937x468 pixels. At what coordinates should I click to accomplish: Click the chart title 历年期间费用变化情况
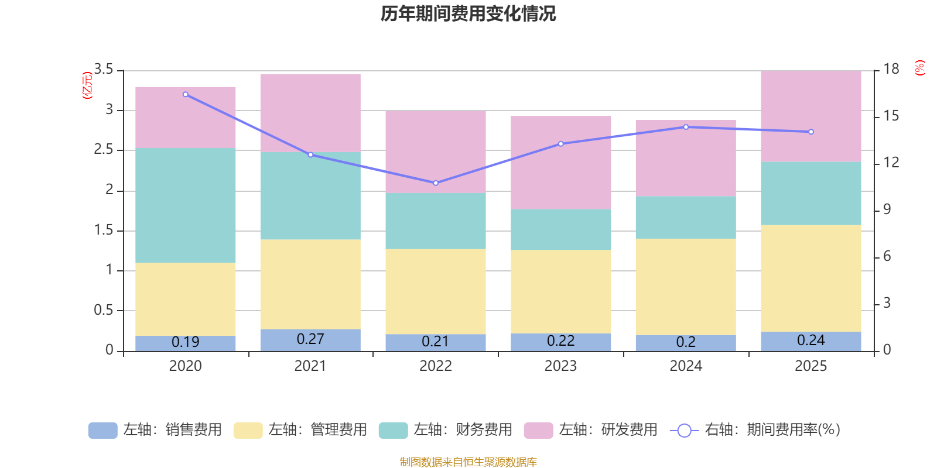click(x=468, y=13)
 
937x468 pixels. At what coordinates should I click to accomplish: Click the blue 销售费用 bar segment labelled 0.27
click(x=310, y=340)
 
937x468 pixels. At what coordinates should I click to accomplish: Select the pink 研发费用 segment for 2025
click(x=811, y=116)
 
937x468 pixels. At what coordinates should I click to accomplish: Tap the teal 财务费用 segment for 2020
click(x=185, y=205)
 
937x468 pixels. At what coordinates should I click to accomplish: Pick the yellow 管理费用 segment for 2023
click(x=560, y=291)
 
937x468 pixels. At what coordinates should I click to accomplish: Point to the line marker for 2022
click(x=436, y=183)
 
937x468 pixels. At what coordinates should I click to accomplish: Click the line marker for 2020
click(x=186, y=94)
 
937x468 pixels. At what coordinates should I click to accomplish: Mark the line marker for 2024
click(x=686, y=127)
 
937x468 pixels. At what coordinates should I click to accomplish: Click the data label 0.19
click(x=185, y=342)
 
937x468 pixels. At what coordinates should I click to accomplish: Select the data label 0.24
click(x=811, y=340)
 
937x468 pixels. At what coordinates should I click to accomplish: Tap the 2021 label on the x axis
click(x=310, y=366)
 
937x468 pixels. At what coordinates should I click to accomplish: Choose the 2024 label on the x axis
click(x=686, y=366)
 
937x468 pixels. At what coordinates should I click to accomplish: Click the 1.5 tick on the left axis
click(x=104, y=230)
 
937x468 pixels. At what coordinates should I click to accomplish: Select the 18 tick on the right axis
click(x=891, y=70)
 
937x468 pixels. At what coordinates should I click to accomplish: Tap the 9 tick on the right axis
click(x=887, y=209)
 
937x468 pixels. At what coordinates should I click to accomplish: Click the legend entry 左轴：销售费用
click(x=155, y=430)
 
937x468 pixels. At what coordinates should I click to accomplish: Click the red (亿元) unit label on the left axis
click(x=87, y=85)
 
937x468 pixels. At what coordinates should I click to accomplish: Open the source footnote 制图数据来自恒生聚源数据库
click(x=468, y=462)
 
